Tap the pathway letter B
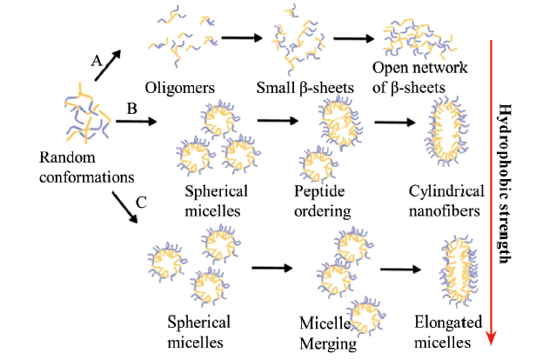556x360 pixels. (x=132, y=110)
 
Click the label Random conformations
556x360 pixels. (x=85, y=167)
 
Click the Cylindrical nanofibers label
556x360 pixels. (x=445, y=201)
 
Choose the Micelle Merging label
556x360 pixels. (x=323, y=334)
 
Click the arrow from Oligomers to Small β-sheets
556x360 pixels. (x=243, y=37)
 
